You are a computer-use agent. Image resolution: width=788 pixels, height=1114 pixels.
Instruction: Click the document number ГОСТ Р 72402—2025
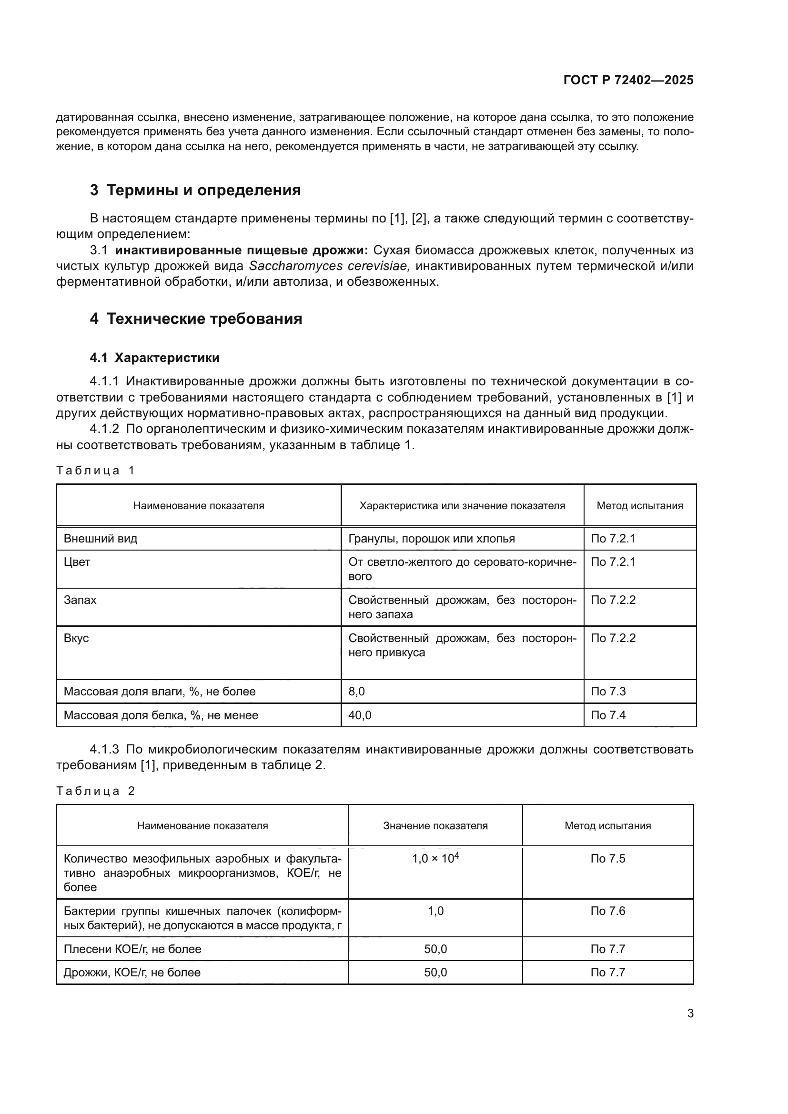click(x=628, y=80)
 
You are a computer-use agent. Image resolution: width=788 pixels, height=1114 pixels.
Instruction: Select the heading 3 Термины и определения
click(x=195, y=190)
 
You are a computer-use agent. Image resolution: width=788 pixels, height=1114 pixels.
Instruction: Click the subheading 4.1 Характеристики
click(x=154, y=358)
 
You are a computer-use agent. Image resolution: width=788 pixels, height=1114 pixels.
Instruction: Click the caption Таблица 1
click(x=95, y=470)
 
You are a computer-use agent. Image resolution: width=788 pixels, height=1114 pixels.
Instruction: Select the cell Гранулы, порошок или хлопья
click(x=431, y=539)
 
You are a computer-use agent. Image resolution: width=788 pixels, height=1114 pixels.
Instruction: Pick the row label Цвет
click(x=77, y=562)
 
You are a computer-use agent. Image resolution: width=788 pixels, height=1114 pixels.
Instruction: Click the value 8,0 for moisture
click(x=357, y=692)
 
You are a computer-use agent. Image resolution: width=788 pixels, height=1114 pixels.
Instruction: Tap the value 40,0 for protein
click(x=360, y=715)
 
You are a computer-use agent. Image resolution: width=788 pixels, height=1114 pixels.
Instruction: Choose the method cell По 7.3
click(x=608, y=692)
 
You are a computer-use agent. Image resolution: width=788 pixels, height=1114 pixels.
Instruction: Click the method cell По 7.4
click(x=608, y=715)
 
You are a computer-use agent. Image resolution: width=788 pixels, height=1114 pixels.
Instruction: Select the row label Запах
click(x=80, y=600)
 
